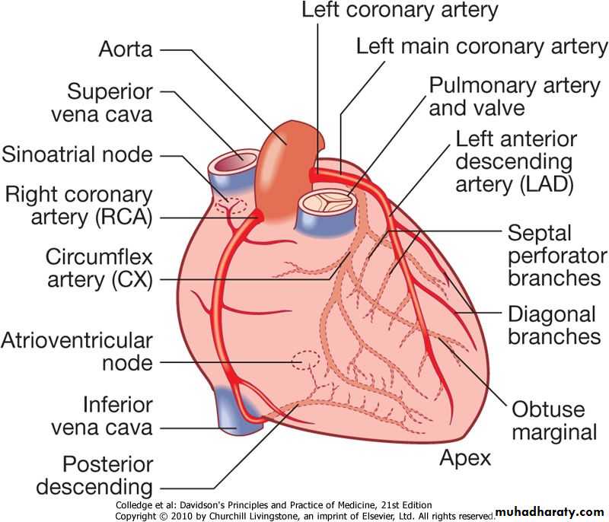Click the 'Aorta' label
point(126,50)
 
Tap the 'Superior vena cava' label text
point(110,103)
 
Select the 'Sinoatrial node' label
point(77,155)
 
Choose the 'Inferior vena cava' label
point(102,415)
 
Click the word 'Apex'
point(465,458)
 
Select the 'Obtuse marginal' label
point(553,421)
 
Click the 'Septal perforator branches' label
point(557,255)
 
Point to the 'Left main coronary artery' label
point(482,46)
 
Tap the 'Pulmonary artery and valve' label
point(515,96)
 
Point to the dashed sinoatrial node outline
point(231,205)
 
